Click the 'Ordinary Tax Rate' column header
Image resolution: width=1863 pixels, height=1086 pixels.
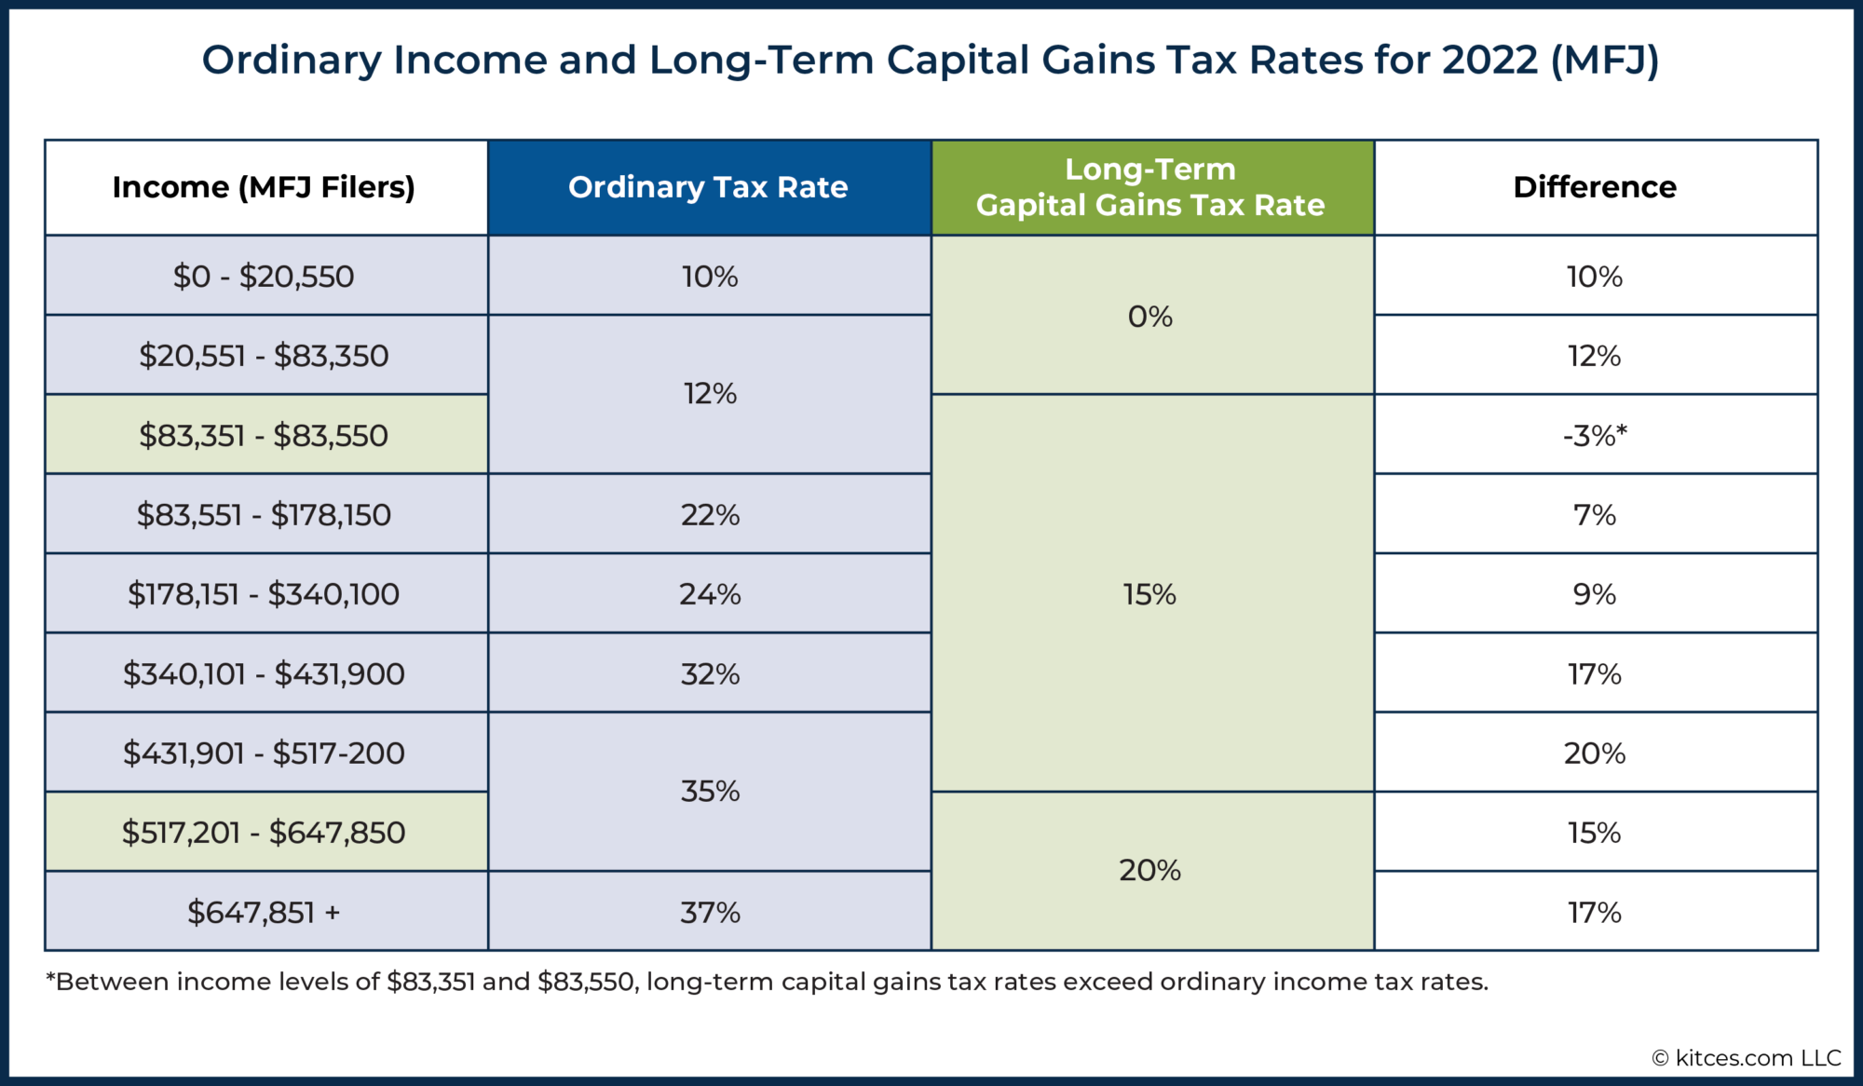point(708,187)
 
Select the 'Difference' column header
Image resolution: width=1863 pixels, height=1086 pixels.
point(1595,187)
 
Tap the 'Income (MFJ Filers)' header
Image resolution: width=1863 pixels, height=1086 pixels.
point(264,187)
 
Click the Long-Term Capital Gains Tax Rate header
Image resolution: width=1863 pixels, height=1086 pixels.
point(1150,187)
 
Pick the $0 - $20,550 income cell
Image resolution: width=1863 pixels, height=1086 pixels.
point(264,277)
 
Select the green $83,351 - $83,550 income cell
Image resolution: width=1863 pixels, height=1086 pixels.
point(264,436)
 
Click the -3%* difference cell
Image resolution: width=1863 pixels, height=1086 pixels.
point(1595,436)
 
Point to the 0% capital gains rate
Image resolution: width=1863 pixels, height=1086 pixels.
point(1150,317)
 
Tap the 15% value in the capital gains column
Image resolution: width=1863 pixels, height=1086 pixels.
point(1150,594)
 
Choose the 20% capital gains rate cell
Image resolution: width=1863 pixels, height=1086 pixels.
point(1150,871)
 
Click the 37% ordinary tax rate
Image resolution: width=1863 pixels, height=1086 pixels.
point(710,913)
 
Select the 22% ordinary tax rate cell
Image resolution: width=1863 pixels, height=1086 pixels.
point(710,515)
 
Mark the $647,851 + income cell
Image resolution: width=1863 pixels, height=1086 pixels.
point(264,913)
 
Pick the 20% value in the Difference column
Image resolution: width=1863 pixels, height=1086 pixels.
point(1595,753)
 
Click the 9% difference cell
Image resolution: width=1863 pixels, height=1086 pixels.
point(1595,594)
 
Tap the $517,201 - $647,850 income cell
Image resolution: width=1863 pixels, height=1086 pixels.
point(264,833)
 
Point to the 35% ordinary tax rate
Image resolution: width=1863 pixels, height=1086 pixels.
point(710,792)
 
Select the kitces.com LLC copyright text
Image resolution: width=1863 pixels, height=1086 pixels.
point(1747,1058)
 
